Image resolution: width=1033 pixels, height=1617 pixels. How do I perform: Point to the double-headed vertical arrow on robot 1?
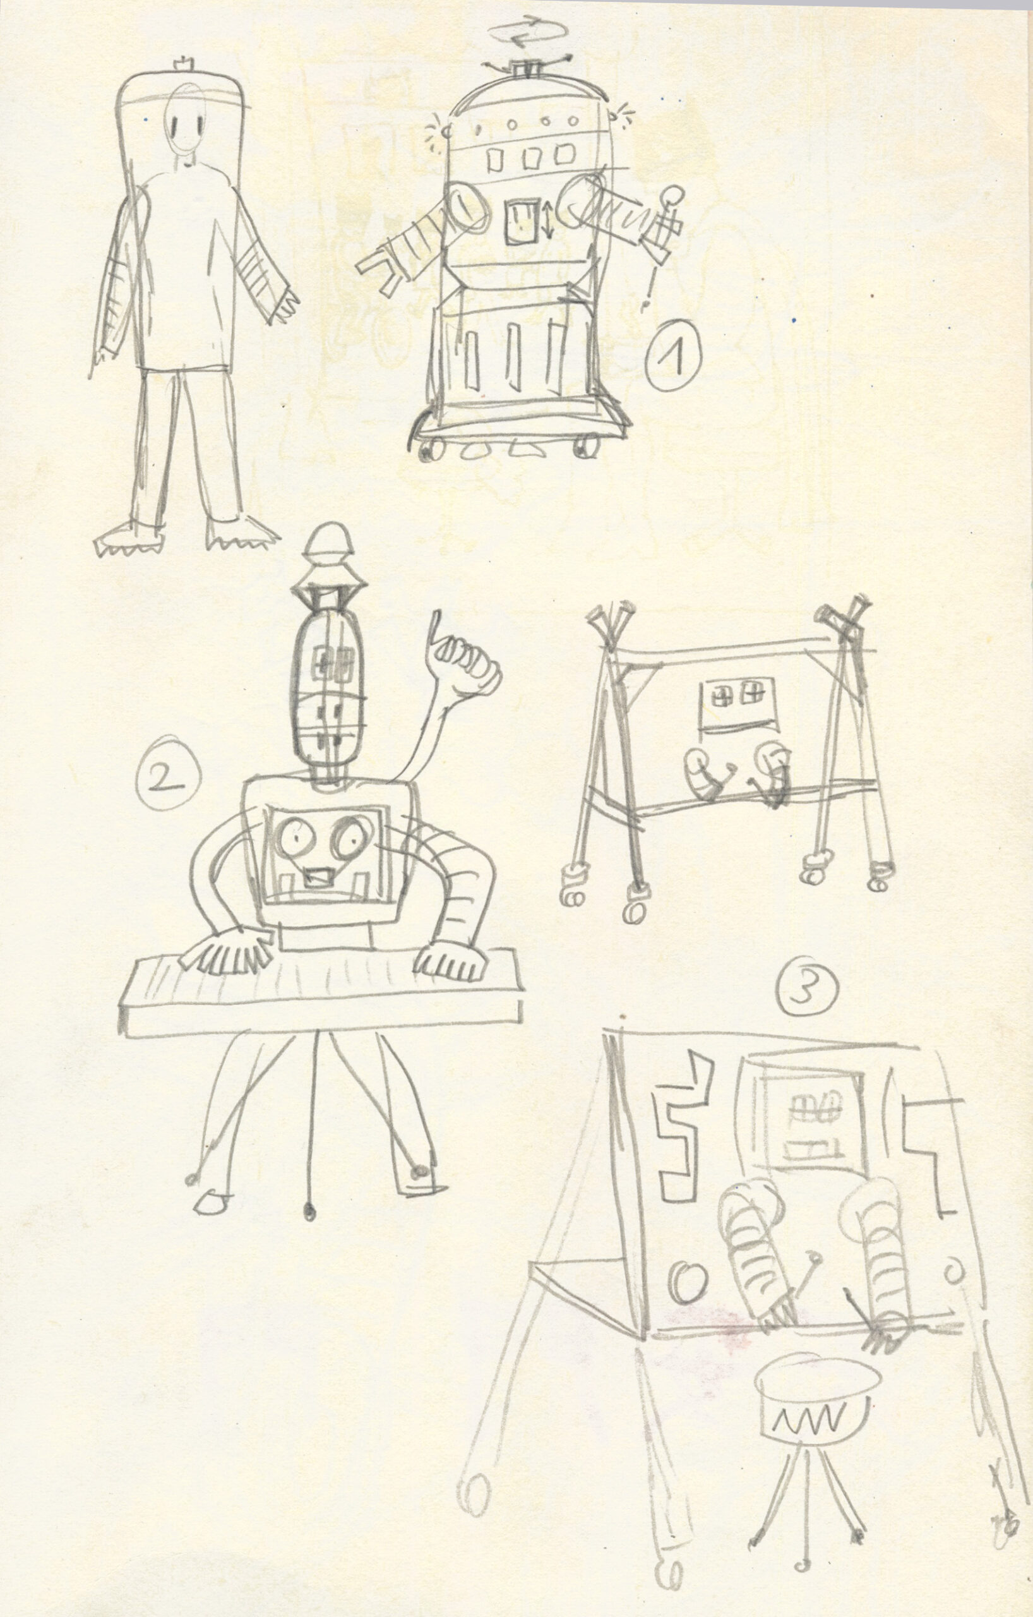coord(547,221)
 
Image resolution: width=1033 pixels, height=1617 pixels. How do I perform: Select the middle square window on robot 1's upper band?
coord(530,159)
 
